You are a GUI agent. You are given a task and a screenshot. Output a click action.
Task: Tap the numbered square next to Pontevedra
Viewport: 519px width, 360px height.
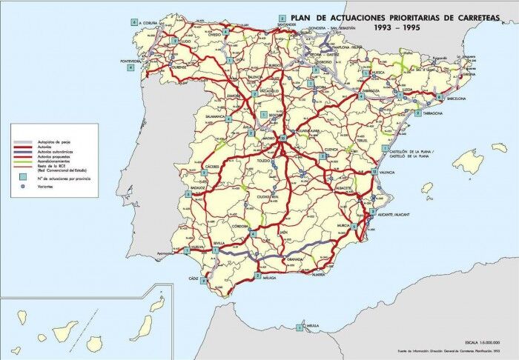click(x=131, y=67)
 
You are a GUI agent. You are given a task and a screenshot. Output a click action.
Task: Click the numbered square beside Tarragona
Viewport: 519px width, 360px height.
click(x=419, y=113)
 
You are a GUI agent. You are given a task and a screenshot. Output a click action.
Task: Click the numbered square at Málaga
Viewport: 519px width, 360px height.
click(x=257, y=276)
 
